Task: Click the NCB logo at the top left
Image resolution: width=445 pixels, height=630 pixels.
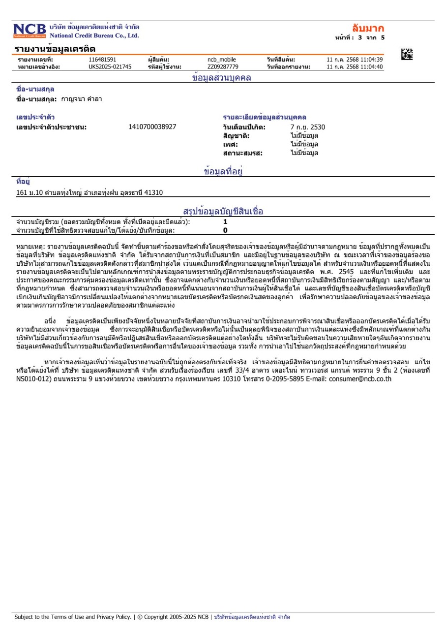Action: click(x=30, y=31)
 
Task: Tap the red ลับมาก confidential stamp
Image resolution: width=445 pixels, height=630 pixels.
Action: click(x=368, y=29)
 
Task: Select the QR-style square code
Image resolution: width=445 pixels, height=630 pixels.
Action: click(x=407, y=55)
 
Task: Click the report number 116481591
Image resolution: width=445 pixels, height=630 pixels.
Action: click(x=102, y=60)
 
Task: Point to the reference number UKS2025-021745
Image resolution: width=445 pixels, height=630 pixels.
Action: click(x=110, y=67)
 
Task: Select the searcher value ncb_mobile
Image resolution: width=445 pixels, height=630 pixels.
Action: click(x=222, y=60)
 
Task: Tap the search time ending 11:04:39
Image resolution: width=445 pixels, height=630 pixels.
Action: click(x=355, y=60)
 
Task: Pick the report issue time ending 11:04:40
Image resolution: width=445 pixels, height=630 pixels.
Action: click(x=355, y=67)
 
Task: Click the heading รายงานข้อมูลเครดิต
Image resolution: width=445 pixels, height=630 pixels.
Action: click(x=55, y=49)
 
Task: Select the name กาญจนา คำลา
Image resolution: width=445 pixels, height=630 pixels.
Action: click(x=82, y=99)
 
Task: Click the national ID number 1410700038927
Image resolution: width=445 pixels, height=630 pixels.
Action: click(x=152, y=127)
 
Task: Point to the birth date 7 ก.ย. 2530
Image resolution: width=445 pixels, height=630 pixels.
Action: click(x=308, y=127)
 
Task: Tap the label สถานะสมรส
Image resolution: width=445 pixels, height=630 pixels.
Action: click(x=243, y=153)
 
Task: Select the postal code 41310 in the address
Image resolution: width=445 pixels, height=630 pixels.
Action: click(x=153, y=192)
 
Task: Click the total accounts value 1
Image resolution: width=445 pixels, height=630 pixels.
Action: click(x=225, y=222)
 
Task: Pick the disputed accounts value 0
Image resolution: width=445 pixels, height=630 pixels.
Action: click(x=225, y=230)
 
